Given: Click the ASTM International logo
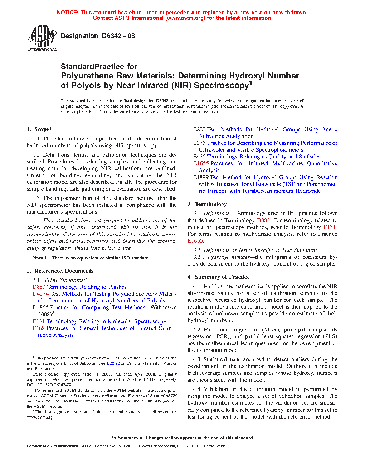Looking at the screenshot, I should pyautogui.click(x=42, y=38).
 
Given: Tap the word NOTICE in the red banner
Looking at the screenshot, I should pyautogui.click(x=68, y=13).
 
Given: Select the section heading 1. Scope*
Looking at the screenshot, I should pyautogui.click(x=39, y=129).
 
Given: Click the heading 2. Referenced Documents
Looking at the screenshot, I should pyautogui.click(x=60, y=271).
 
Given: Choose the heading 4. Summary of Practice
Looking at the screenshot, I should pyautogui.click(x=219, y=277).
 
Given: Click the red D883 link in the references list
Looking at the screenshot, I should pyautogui.click(x=39, y=287).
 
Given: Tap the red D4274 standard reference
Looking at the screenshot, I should pyautogui.click(x=40, y=294).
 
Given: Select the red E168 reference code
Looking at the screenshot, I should pyautogui.click(x=39, y=328).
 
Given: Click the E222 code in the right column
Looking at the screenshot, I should pyautogui.click(x=199, y=129).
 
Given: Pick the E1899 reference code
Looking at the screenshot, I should pyautogui.click(x=201, y=177).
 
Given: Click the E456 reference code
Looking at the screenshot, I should pyautogui.click(x=199, y=157).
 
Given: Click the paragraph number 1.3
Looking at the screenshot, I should pyautogui.click(x=36, y=198).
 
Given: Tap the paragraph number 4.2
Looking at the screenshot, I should pyautogui.click(x=196, y=330).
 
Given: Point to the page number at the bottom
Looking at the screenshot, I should pyautogui.click(x=182, y=455).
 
